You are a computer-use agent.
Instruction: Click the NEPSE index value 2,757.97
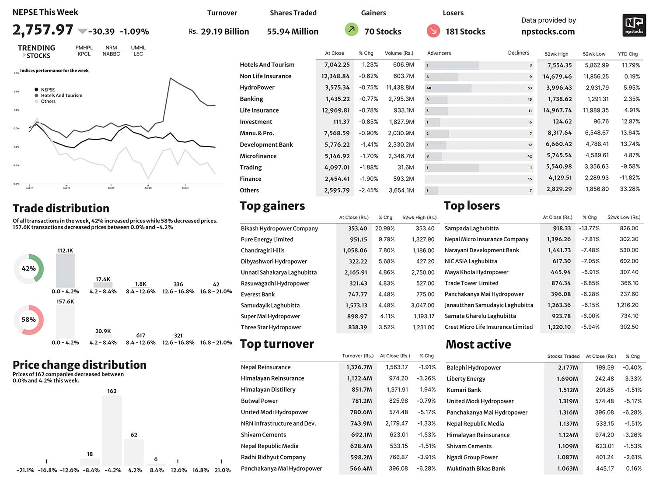43,30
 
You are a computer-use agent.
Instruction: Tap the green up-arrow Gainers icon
351,30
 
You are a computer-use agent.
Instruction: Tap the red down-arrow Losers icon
433,31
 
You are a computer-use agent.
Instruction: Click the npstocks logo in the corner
634,25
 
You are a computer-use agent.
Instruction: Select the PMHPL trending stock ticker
84,48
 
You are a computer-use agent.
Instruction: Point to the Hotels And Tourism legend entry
61,95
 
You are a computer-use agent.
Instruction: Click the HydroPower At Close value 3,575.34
337,88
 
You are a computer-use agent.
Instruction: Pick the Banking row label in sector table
251,99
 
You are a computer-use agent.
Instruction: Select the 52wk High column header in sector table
556,54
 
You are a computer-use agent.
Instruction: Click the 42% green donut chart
29,268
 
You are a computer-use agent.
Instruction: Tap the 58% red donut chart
29,320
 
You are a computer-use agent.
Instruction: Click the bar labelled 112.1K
65,271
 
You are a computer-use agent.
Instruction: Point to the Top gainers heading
272,206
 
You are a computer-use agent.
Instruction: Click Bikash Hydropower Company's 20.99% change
385,229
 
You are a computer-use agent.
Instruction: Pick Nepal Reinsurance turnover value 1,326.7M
359,367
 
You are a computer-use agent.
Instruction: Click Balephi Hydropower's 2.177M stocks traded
568,368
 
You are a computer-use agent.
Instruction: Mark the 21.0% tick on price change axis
222,470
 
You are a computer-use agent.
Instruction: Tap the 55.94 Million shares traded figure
293,32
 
